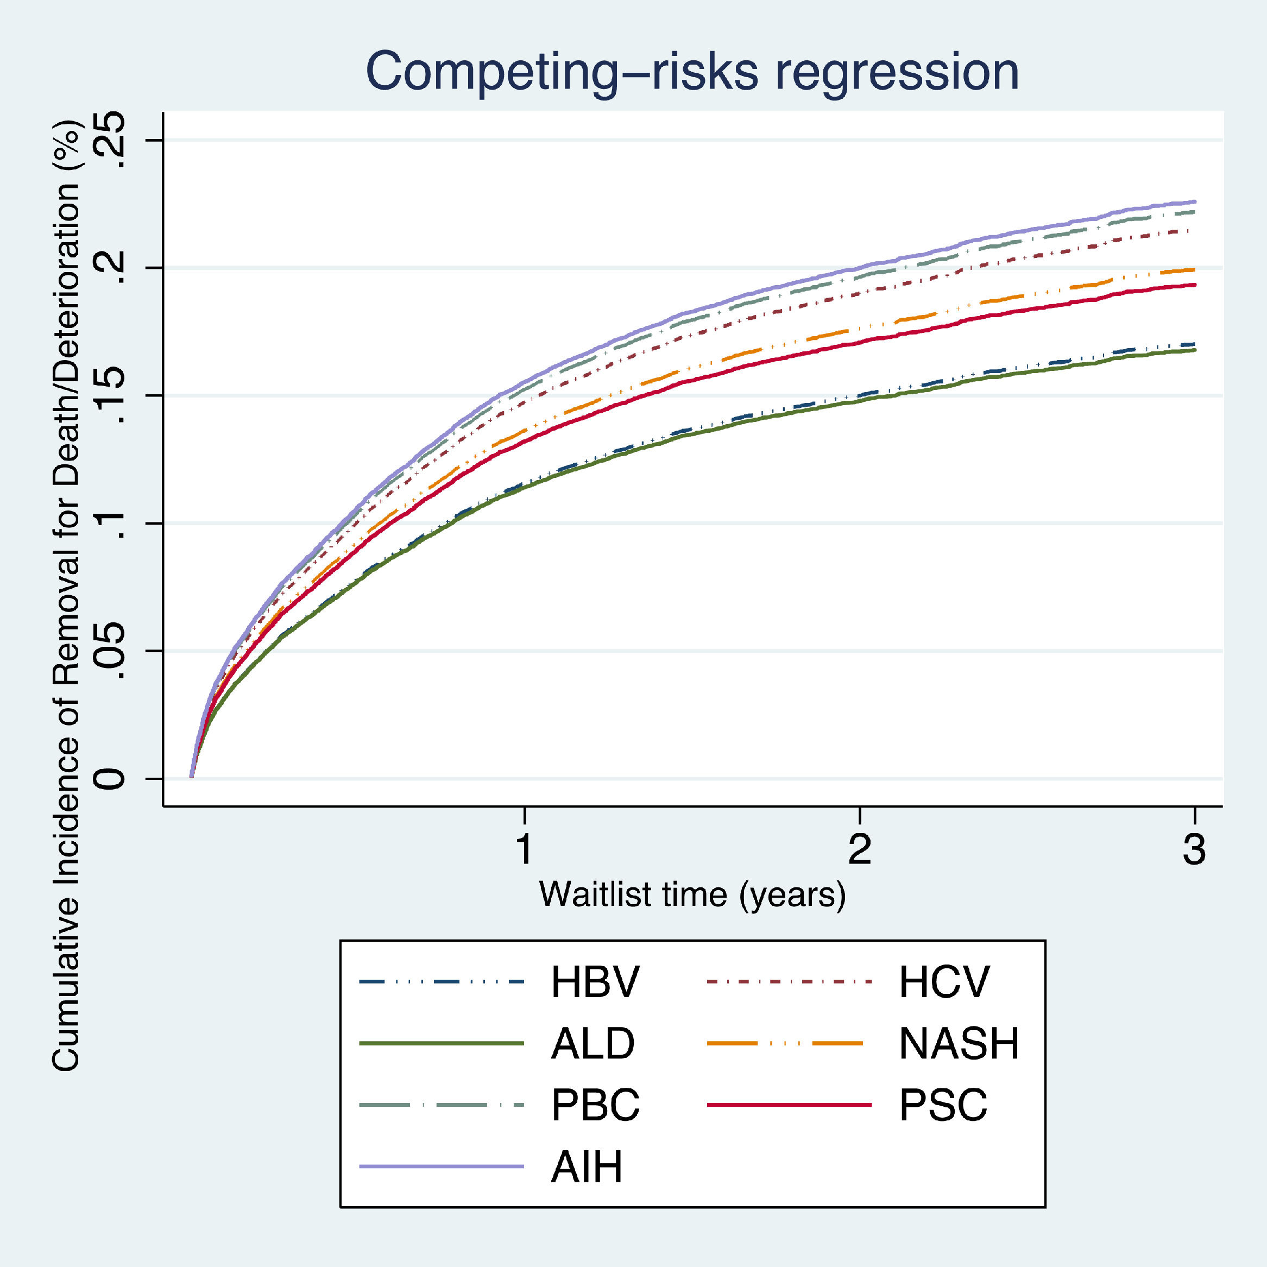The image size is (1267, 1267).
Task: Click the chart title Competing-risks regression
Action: (x=692, y=72)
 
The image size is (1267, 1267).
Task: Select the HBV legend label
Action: (x=594, y=982)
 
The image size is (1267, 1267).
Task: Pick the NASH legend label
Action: (x=959, y=1043)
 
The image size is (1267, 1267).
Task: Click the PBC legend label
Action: (x=595, y=1105)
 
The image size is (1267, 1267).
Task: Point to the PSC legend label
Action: (x=943, y=1105)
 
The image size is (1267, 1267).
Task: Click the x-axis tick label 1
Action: (x=524, y=849)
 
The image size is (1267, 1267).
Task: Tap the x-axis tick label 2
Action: (x=860, y=849)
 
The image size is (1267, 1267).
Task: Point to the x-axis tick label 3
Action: (x=1194, y=849)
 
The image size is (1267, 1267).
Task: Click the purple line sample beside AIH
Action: (x=442, y=1167)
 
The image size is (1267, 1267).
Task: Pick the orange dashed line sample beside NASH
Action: (x=790, y=1043)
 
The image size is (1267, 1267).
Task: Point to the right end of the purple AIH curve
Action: (x=1194, y=201)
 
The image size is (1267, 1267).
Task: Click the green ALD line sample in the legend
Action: (x=442, y=1043)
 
